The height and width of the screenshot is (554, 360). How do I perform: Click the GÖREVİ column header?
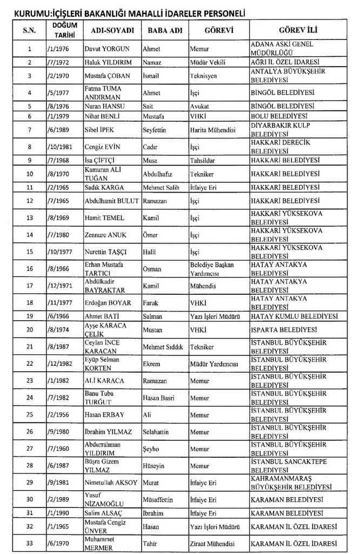click(x=218, y=30)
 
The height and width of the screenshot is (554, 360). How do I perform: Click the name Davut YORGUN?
click(x=107, y=49)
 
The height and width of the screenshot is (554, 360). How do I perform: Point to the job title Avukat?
click(x=199, y=105)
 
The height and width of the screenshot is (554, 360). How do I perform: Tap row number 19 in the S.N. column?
click(x=29, y=315)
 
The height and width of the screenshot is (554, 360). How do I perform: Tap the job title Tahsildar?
click(x=203, y=161)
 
